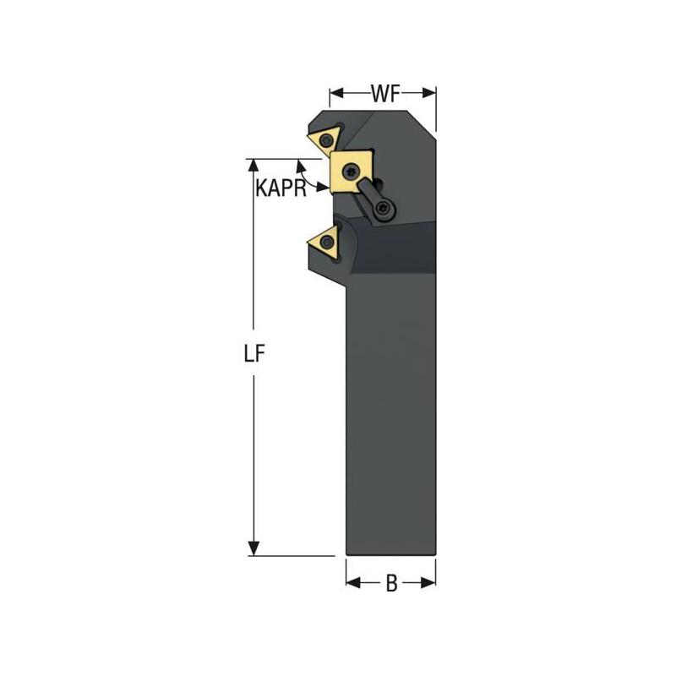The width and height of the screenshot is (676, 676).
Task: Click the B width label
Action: tap(391, 583)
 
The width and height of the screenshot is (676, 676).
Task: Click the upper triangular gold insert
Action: tap(324, 139)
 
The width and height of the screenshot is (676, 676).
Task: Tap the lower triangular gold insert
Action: tap(323, 242)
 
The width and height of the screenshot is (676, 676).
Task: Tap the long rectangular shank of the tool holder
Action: tap(390, 422)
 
